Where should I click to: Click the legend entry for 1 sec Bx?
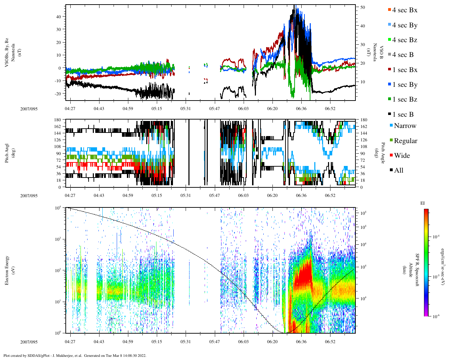[x=405, y=70]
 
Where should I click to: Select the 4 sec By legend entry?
[x=405, y=25]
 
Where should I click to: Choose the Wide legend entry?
[x=402, y=155]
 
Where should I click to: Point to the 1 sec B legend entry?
[x=403, y=114]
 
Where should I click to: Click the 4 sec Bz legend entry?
[x=405, y=40]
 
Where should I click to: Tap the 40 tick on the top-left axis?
[x=59, y=17]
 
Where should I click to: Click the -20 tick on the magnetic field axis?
[x=58, y=94]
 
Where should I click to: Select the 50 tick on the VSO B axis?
[x=362, y=7]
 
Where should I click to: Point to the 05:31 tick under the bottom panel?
[x=186, y=341]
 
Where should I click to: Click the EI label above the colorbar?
[x=423, y=203]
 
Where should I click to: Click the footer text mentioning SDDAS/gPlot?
[x=75, y=355]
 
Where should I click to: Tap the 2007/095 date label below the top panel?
[x=29, y=109]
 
